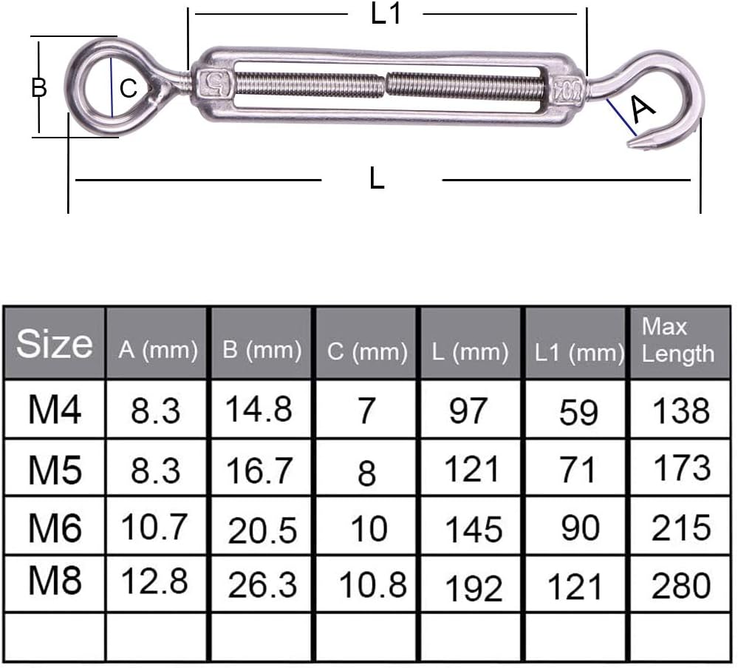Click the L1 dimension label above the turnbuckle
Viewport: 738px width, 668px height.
pos(386,14)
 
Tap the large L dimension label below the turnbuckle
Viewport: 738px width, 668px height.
pos(377,178)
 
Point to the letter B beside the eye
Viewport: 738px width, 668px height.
pos(39,87)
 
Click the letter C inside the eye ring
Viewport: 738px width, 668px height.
pos(129,90)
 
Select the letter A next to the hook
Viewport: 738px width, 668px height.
pos(642,109)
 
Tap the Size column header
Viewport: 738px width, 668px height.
pos(54,344)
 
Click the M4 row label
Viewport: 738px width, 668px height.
pos(54,409)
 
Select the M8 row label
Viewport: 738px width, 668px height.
pos(54,581)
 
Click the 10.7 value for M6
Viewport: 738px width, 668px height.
pos(155,526)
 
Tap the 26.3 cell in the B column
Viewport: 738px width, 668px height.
pos(262,585)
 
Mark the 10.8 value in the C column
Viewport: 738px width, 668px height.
pos(372,584)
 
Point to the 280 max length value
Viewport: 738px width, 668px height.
pos(680,584)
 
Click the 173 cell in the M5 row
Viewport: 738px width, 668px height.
pos(680,468)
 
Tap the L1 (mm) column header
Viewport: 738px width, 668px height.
pos(578,352)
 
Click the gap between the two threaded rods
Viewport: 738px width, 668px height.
pos(386,84)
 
